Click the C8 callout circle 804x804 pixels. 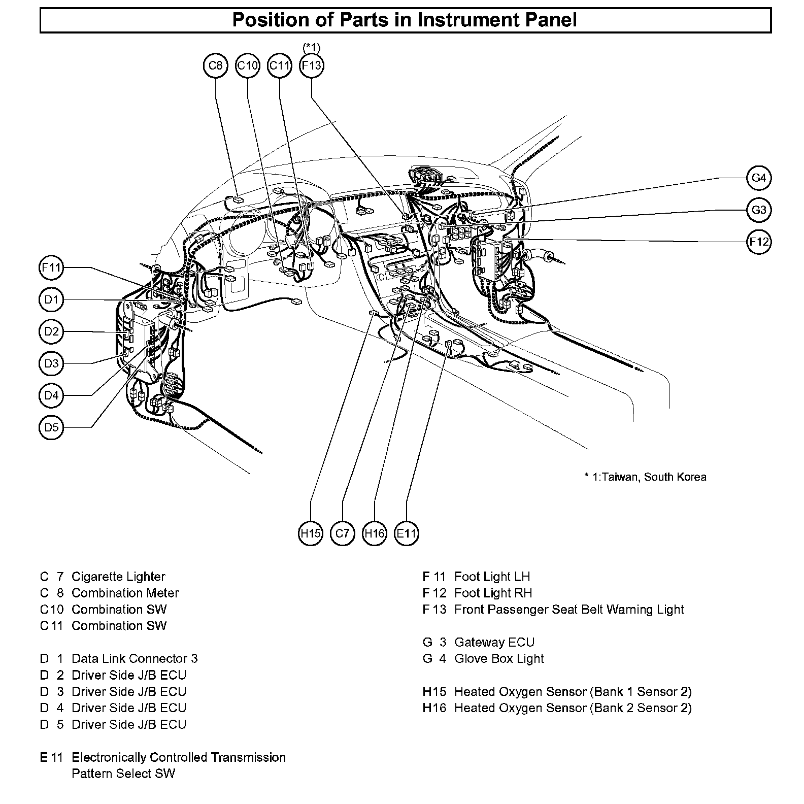[216, 65]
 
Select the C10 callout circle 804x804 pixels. [248, 65]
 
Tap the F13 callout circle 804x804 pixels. [311, 65]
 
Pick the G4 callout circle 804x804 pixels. [759, 178]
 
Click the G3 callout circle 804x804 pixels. [759, 210]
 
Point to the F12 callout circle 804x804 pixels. [759, 242]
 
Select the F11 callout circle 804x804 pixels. [51, 267]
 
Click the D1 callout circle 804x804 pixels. [51, 299]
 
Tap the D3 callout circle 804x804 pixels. [51, 363]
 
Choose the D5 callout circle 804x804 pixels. [51, 427]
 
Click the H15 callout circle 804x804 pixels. [310, 533]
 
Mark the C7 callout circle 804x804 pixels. [342, 533]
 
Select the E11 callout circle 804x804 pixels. [406, 533]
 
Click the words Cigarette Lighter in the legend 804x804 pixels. [118, 577]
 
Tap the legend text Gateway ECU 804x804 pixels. [494, 643]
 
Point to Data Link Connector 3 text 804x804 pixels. [134, 659]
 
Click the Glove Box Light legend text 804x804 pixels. [499, 659]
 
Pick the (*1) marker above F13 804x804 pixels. [311, 47]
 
